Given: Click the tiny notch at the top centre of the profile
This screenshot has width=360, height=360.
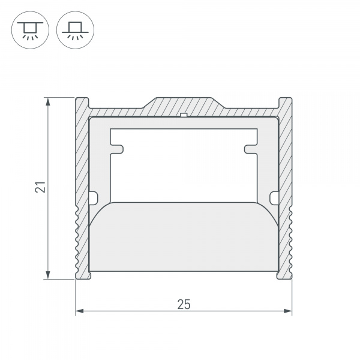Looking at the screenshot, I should (x=184, y=113).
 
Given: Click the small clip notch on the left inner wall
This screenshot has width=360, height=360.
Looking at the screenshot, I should (x=93, y=196).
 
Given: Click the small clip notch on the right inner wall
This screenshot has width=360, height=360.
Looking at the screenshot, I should (x=274, y=196).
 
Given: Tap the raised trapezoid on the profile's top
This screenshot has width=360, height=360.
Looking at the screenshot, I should (x=184, y=103).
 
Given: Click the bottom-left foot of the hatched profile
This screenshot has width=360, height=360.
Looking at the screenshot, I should (x=82, y=275).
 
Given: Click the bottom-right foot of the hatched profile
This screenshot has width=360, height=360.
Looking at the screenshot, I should (x=285, y=275).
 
